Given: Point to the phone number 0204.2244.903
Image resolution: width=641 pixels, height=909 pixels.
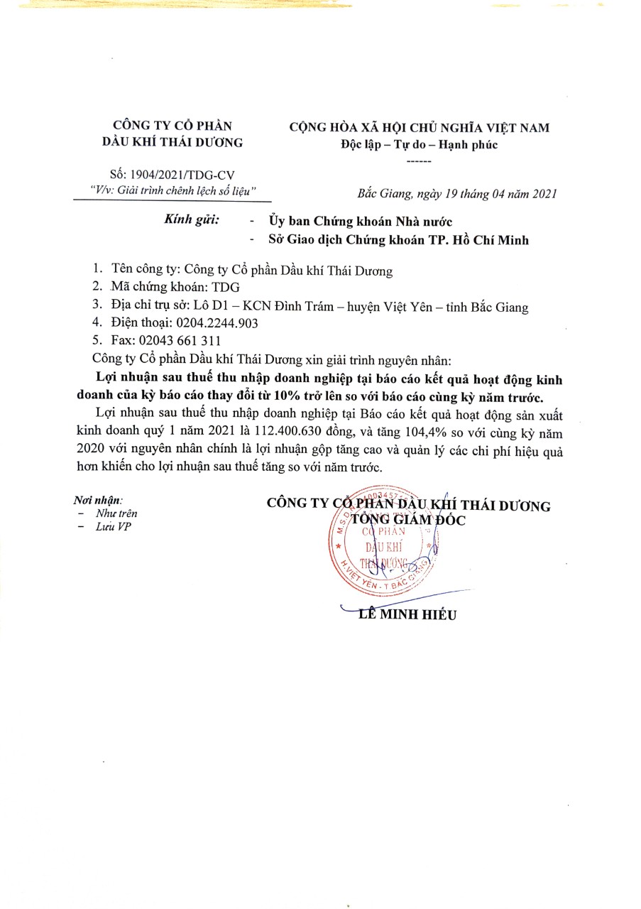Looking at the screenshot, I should (x=217, y=323).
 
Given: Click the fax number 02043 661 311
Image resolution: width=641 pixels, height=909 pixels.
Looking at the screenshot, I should (x=182, y=340).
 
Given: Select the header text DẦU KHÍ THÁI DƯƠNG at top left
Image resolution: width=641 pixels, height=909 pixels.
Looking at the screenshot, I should (x=172, y=142).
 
